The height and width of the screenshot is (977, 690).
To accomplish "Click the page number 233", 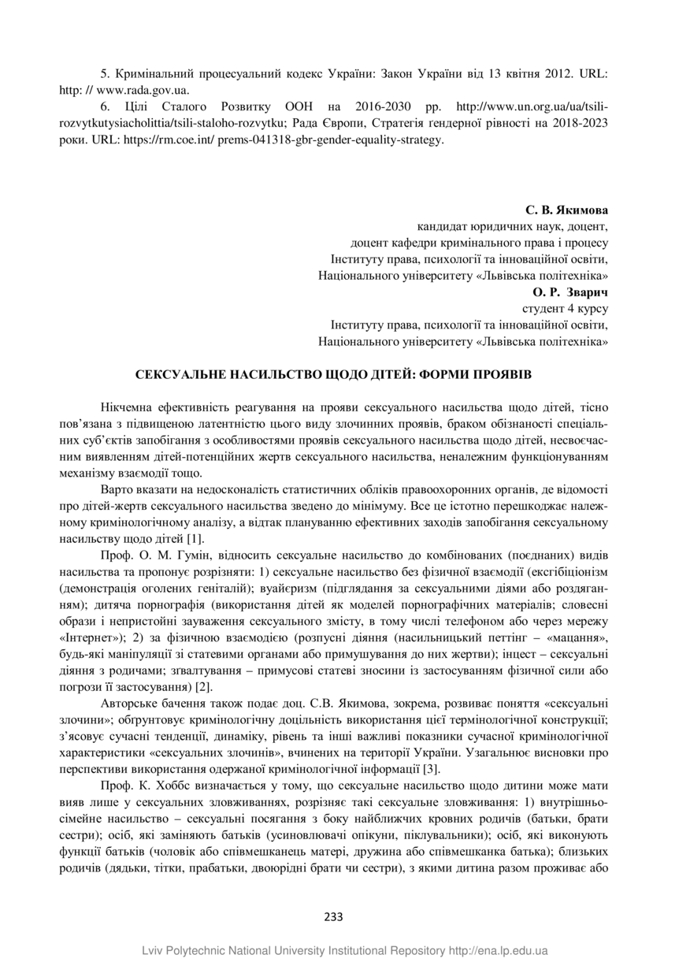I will tap(333, 916).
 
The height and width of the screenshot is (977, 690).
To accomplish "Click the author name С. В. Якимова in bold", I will tap(567, 211).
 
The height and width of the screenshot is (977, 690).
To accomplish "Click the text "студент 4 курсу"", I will tap(566, 308).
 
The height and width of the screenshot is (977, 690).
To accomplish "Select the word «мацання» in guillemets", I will tap(576, 637).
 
